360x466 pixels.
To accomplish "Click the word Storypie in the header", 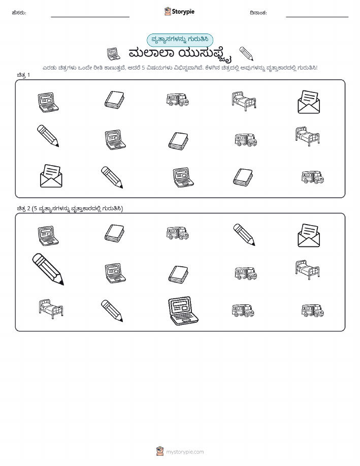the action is (x=183, y=12).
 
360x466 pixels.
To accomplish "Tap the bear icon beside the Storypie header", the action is (x=168, y=11).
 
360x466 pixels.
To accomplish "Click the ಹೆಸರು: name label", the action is (x=19, y=13).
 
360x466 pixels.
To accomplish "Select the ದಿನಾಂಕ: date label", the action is (x=258, y=13).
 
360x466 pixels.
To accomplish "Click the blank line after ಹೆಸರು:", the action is (x=90, y=17).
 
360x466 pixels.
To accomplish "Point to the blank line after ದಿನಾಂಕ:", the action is (x=317, y=17).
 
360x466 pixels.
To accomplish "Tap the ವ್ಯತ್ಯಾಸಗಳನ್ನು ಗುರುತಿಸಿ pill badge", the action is (x=180, y=40).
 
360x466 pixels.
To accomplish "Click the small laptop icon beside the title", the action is (x=113, y=54).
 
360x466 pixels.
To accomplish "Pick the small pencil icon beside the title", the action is (x=246, y=53).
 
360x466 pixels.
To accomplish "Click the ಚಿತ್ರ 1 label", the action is (x=23, y=75).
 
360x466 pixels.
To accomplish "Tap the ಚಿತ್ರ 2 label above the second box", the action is (x=23, y=208).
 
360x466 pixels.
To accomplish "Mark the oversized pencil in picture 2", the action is (x=48, y=269).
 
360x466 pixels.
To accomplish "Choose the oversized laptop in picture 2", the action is (x=183, y=311).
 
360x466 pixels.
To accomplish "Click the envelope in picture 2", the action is (x=309, y=235).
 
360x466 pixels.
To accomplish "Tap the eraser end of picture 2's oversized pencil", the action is (x=38, y=258).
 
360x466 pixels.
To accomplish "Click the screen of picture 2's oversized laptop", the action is (x=179, y=307).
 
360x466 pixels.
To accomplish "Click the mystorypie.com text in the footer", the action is (x=185, y=452).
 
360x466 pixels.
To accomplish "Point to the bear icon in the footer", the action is (x=160, y=451).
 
